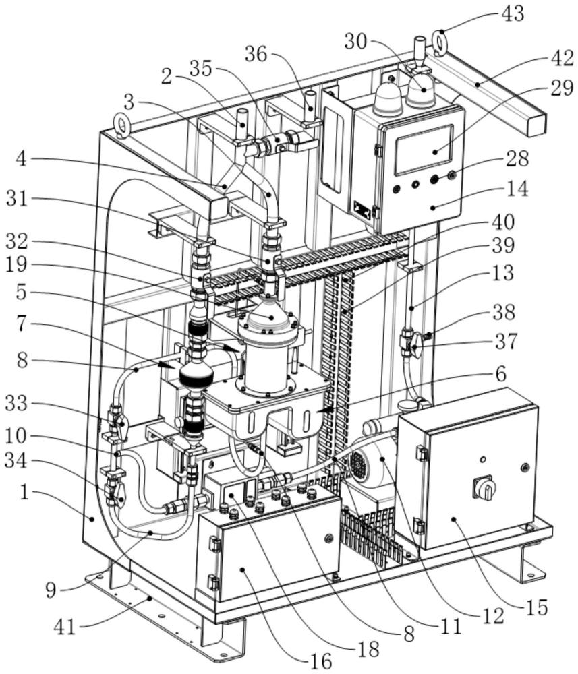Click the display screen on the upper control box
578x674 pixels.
pyautogui.click(x=424, y=150)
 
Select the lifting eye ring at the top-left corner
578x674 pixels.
pyautogui.click(x=122, y=125)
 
